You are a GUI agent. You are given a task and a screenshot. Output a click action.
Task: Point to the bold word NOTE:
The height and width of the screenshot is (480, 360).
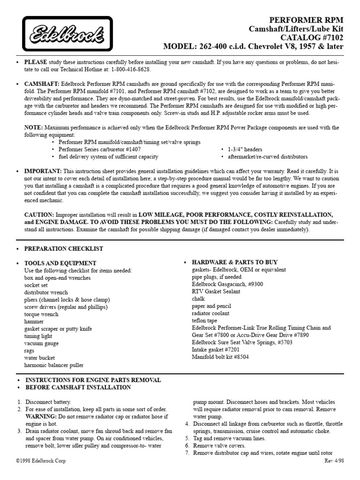coord(34,127)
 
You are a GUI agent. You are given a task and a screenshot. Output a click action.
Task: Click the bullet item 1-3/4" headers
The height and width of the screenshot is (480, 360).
coord(244,149)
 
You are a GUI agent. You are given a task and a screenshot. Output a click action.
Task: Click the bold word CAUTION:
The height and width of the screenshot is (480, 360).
coord(39,215)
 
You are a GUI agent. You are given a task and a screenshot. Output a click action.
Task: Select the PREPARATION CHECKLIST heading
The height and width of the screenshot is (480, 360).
coord(64,248)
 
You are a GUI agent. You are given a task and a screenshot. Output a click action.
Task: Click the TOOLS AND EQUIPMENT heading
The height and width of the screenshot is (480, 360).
coord(60,263)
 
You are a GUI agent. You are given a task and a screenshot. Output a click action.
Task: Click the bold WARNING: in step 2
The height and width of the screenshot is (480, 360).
coord(41,417)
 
